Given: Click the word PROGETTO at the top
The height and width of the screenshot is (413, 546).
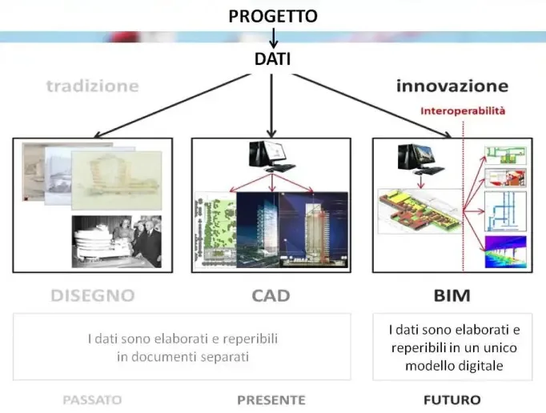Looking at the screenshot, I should [272, 16].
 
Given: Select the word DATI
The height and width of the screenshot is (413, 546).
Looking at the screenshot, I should [272, 58].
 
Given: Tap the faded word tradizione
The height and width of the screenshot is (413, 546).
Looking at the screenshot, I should [92, 86].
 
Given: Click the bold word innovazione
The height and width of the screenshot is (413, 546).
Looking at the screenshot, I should [452, 86].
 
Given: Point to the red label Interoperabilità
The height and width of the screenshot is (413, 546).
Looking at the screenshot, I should [463, 111].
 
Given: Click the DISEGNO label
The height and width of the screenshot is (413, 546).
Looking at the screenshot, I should [92, 295].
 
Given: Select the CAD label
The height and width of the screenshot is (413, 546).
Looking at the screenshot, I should [271, 295].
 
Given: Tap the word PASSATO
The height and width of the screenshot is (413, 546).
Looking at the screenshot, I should [92, 399].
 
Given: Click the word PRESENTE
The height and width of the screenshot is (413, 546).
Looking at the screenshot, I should [271, 399].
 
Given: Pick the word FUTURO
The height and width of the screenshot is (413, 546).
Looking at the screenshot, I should [452, 399].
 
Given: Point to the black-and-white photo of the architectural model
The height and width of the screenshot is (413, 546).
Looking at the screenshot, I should [116, 241].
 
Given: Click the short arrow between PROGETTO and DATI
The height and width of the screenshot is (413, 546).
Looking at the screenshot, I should [273, 37].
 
